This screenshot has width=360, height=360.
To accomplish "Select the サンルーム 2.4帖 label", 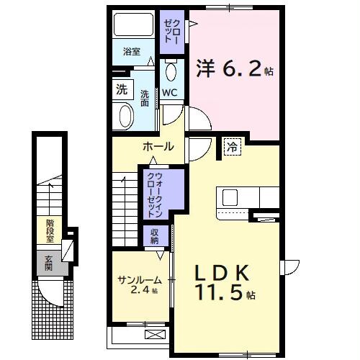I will click(140, 285).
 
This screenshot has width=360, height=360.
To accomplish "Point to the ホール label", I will click(158, 146).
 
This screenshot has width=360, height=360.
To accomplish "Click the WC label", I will click(170, 92).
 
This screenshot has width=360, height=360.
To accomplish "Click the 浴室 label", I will click(131, 52).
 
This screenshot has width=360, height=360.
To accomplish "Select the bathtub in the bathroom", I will click(132, 27).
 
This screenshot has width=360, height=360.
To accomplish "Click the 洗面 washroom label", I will click(145, 98).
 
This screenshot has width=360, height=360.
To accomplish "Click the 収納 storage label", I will click(155, 235).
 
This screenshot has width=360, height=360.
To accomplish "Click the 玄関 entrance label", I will click(49, 260).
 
